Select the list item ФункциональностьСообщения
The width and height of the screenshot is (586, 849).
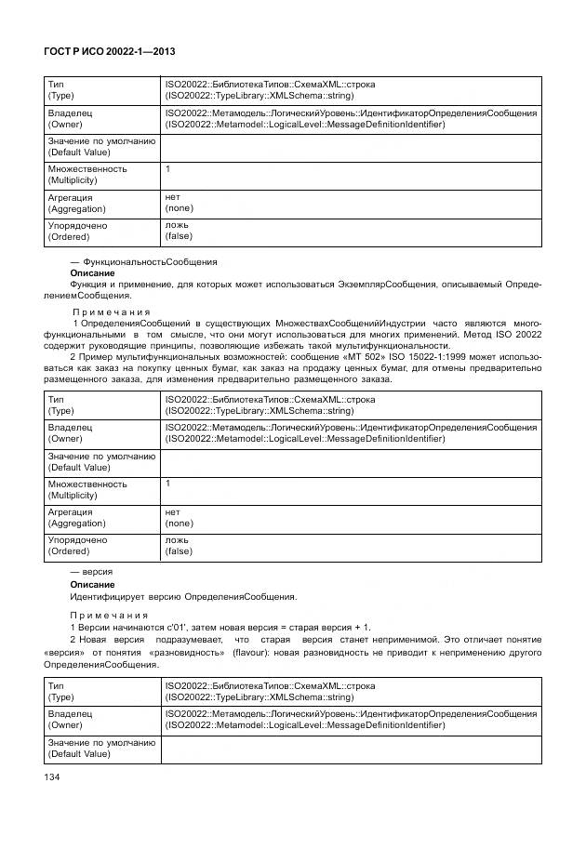click(x=150, y=261)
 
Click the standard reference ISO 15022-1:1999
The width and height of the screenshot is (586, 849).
click(x=434, y=357)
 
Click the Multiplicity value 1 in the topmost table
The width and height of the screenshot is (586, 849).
click(x=168, y=169)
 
